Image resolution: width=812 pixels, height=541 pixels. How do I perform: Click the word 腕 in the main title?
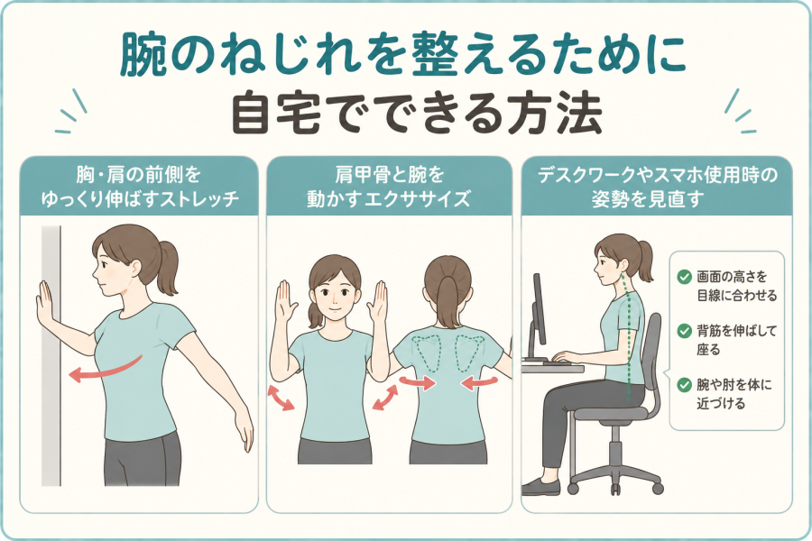[x=144, y=54]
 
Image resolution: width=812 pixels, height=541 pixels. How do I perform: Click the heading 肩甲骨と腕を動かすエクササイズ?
[x=389, y=187]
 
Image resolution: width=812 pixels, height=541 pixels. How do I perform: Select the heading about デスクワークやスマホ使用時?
[x=657, y=187]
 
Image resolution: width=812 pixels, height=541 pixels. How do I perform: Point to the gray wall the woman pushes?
[x=51, y=356]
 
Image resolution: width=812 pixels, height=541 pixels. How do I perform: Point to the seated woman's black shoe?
[x=540, y=487]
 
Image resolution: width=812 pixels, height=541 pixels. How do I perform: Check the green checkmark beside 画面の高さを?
[x=685, y=277]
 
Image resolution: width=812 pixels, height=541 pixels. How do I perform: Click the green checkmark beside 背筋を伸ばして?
[x=685, y=331]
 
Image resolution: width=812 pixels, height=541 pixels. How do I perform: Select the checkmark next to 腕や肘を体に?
[x=685, y=385]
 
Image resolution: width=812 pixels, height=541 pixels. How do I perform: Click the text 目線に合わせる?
[x=737, y=296]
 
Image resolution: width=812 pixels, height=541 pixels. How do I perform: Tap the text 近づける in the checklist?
[x=721, y=403]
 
